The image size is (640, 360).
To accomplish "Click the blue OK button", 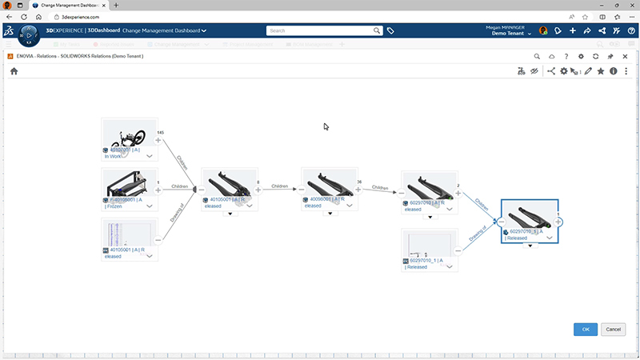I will point(586,329).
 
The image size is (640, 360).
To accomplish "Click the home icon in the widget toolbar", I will point(14,71).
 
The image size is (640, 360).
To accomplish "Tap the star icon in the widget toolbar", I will point(601,71).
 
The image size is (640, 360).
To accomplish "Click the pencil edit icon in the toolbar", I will point(589,71).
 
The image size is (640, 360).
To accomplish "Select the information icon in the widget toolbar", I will point(614,71).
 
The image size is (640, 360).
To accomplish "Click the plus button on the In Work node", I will point(158,140).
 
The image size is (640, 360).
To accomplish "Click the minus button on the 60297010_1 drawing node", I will point(458,250).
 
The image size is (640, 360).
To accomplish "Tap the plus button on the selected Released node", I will point(558,222).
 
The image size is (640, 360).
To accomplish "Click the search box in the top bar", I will point(320,30).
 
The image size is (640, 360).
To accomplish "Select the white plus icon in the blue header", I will point(573,30).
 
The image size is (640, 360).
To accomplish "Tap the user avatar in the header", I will point(543,30).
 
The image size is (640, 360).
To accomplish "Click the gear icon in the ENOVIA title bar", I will point(582,56).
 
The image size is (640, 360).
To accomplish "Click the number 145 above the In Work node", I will point(160,131).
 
